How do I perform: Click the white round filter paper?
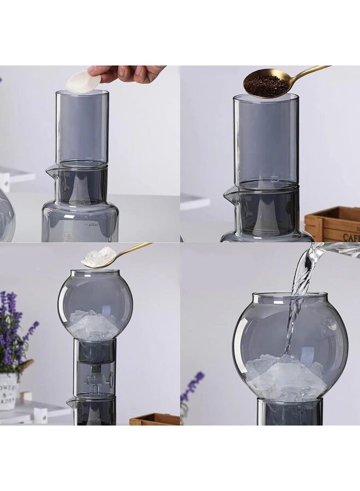[83, 81]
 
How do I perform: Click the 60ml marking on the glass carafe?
[93, 224]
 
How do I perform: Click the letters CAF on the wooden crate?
[351, 237]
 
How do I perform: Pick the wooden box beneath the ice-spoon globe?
[154, 420]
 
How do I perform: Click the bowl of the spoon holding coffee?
[266, 83]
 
